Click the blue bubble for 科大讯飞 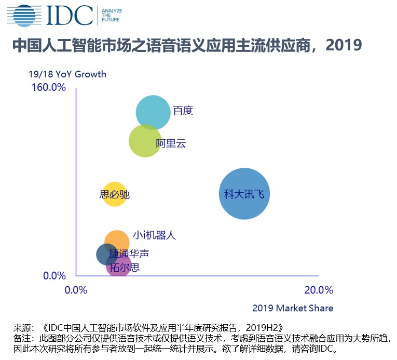244,194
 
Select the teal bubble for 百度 153,112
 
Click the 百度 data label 183,111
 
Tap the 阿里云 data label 171,144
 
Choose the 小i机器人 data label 154,235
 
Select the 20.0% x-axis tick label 319,290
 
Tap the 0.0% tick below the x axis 76,290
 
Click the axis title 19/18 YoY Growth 67,74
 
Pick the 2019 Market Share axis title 293,308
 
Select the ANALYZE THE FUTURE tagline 110,16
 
